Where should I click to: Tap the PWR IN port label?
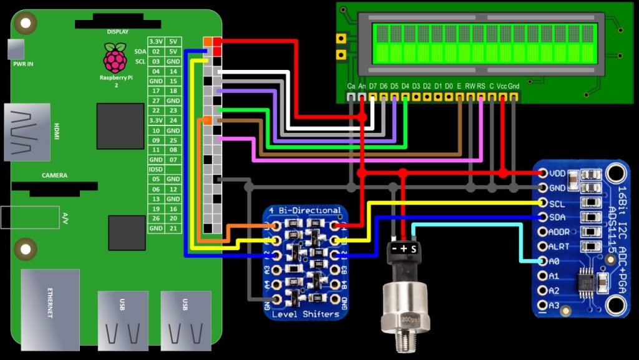click(x=22, y=63)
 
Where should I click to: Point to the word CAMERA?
click(x=54, y=175)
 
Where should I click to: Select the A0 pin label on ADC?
click(x=554, y=261)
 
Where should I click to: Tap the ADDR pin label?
click(x=559, y=231)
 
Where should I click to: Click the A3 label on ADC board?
click(x=554, y=305)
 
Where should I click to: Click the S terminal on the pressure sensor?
click(x=413, y=248)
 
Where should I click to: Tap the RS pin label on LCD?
click(x=481, y=85)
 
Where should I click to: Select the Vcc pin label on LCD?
click(x=502, y=85)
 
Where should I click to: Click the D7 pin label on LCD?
click(x=373, y=85)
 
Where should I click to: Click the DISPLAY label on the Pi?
click(x=117, y=31)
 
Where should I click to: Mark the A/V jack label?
click(x=65, y=217)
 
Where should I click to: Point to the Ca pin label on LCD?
click(x=351, y=85)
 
